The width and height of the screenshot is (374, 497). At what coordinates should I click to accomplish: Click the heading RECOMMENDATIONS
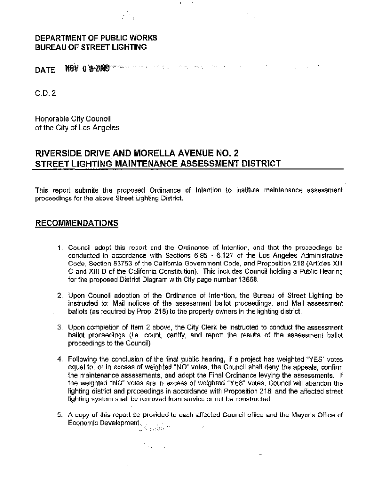[77, 223]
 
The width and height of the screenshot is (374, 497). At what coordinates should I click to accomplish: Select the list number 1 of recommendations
[60, 247]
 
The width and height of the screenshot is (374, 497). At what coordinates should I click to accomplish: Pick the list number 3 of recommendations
[60, 327]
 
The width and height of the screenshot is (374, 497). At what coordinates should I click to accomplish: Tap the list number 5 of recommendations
[60, 415]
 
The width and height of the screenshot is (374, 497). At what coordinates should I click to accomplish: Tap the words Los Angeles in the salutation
[102, 128]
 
